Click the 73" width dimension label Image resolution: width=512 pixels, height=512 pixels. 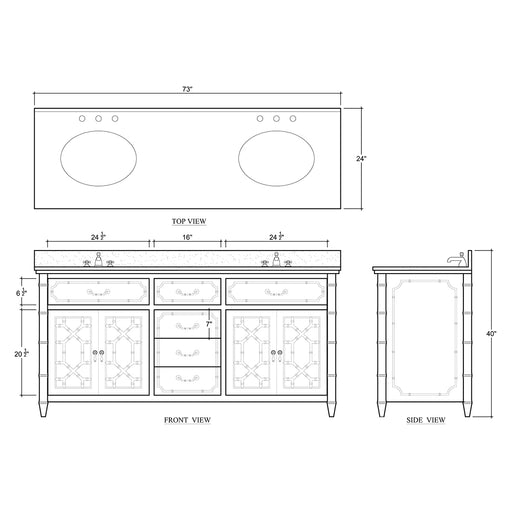187,89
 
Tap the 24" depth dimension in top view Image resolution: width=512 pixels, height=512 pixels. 361,158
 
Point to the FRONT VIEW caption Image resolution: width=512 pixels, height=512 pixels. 187,421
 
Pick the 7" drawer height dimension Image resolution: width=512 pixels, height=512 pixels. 209,324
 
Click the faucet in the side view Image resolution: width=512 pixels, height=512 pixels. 456,260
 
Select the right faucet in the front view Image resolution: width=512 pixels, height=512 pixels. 275,262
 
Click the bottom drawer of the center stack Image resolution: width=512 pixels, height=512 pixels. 187,378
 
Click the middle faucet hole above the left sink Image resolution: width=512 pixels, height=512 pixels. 98,120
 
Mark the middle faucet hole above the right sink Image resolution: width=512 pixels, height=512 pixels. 276,120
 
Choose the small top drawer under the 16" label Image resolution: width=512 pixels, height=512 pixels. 187,291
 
